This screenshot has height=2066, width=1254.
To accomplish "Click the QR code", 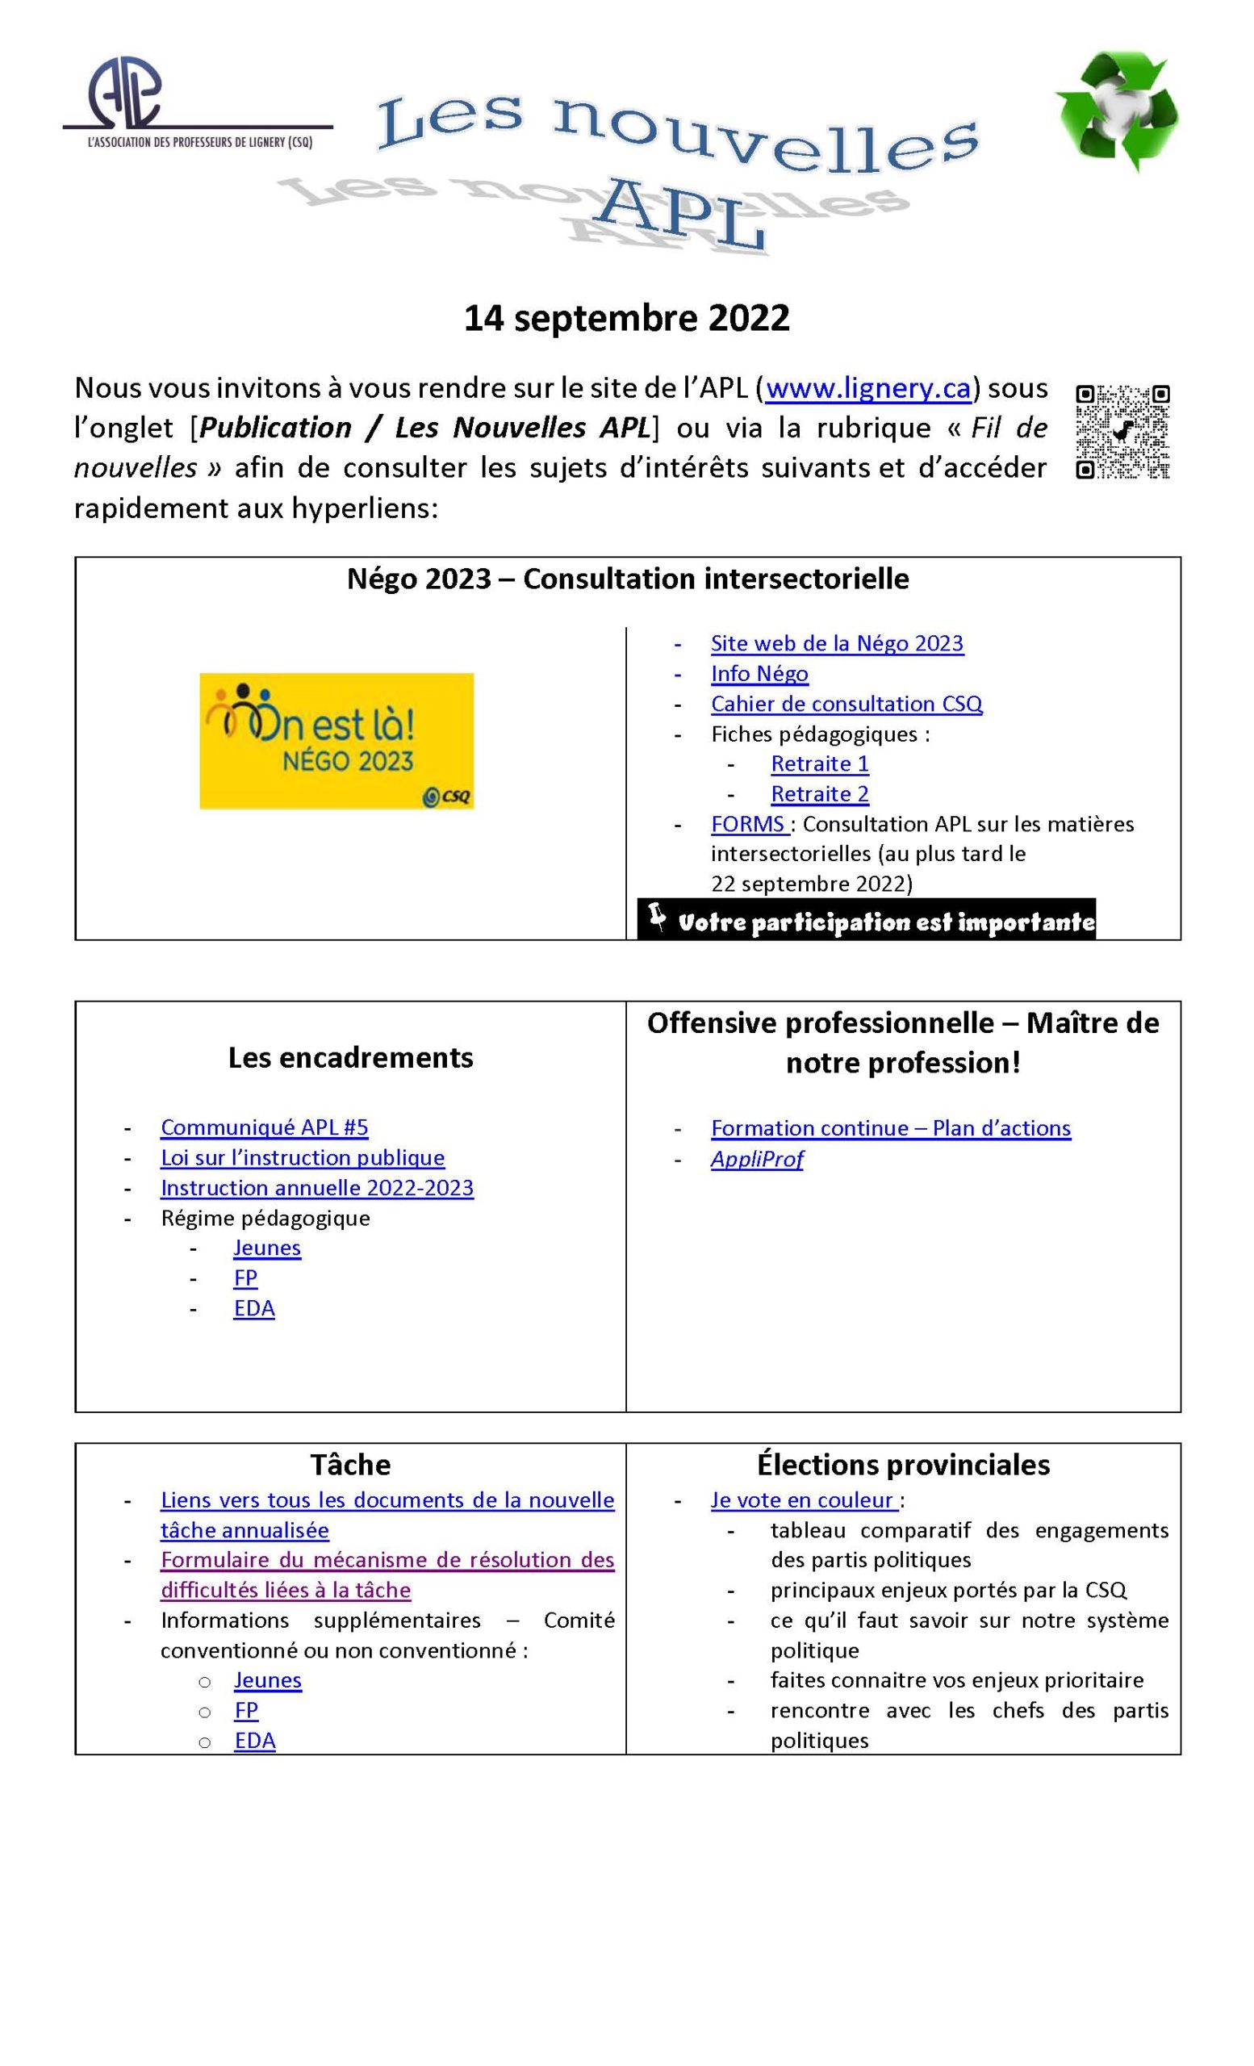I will pyautogui.click(x=1122, y=431).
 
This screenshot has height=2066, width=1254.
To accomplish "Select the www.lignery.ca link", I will pyautogui.click(x=867, y=388).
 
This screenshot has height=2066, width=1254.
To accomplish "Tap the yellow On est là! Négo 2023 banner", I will pyautogui.click(x=336, y=740).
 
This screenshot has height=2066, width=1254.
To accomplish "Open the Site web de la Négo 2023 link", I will pyautogui.click(x=837, y=643).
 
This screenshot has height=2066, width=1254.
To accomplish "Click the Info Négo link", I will pyautogui.click(x=759, y=673).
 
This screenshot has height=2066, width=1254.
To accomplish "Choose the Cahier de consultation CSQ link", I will pyautogui.click(x=846, y=704).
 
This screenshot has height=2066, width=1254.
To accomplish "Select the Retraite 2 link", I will pyautogui.click(x=819, y=793).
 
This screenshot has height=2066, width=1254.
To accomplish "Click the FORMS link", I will pyautogui.click(x=748, y=823).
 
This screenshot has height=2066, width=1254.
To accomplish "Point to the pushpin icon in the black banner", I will pyautogui.click(x=658, y=917).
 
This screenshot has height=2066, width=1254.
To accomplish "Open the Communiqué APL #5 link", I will pyautogui.click(x=264, y=1127).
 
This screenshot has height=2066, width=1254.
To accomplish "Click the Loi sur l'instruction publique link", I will pyautogui.click(x=302, y=1157).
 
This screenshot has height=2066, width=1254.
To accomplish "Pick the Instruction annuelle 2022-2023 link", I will pyautogui.click(x=317, y=1187).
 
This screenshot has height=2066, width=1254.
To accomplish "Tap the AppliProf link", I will pyautogui.click(x=756, y=1159).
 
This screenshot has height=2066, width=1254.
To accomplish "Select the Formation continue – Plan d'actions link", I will pyautogui.click(x=890, y=1127).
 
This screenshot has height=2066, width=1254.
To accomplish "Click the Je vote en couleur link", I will pyautogui.click(x=803, y=1500).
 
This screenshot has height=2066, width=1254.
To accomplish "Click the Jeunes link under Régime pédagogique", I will pyautogui.click(x=266, y=1248).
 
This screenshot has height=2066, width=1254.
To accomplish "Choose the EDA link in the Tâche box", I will pyautogui.click(x=254, y=1741).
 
